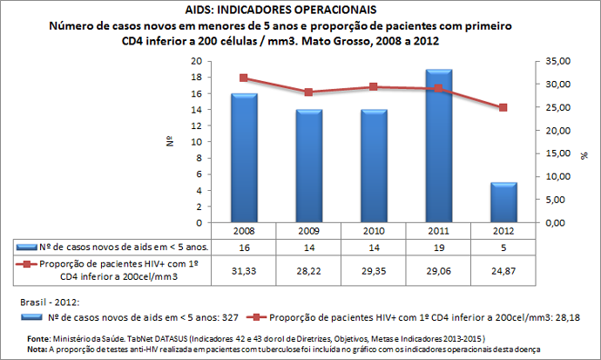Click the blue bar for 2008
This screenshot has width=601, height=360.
click(243, 157)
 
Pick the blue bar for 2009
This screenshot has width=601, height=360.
click(308, 166)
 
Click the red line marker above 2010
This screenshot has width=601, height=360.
click(374, 87)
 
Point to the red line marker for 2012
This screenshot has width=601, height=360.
click(503, 107)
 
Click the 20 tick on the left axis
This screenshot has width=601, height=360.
click(196, 61)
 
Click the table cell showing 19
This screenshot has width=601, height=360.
click(438, 248)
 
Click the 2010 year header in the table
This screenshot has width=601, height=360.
click(374, 231)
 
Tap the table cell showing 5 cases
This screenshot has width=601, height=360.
click(503, 248)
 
